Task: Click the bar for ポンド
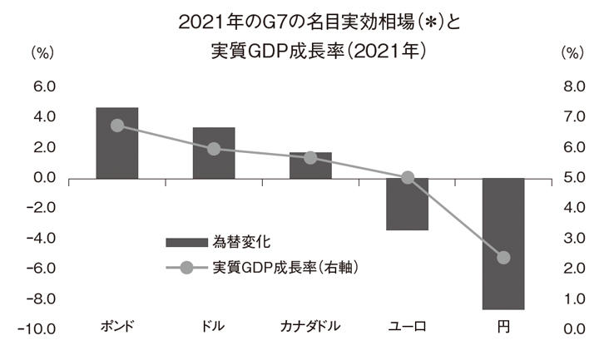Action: click(x=116, y=143)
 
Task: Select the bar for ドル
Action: click(x=214, y=153)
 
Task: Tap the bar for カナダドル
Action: click(x=310, y=165)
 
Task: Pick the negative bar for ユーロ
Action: click(x=407, y=204)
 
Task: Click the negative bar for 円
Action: click(x=503, y=244)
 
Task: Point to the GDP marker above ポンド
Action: click(x=116, y=126)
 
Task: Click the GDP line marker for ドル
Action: click(x=214, y=149)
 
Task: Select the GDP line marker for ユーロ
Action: click(x=407, y=178)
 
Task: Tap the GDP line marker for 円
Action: click(x=503, y=258)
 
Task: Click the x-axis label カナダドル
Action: click(x=310, y=325)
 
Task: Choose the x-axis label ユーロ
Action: click(x=407, y=325)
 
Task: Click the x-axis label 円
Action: click(x=503, y=325)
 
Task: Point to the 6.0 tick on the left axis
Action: click(x=43, y=86)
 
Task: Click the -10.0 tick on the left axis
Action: click(x=39, y=328)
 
